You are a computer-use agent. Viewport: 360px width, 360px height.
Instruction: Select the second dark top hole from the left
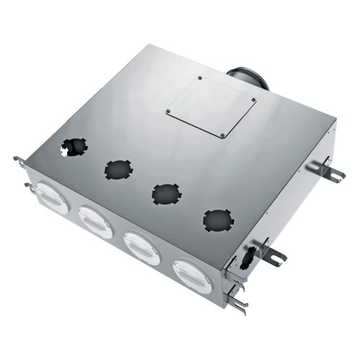coord(119,170)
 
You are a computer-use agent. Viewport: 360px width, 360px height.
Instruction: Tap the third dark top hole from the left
coord(166,192)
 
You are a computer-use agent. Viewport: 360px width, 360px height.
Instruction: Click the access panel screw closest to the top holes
coord(223,135)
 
